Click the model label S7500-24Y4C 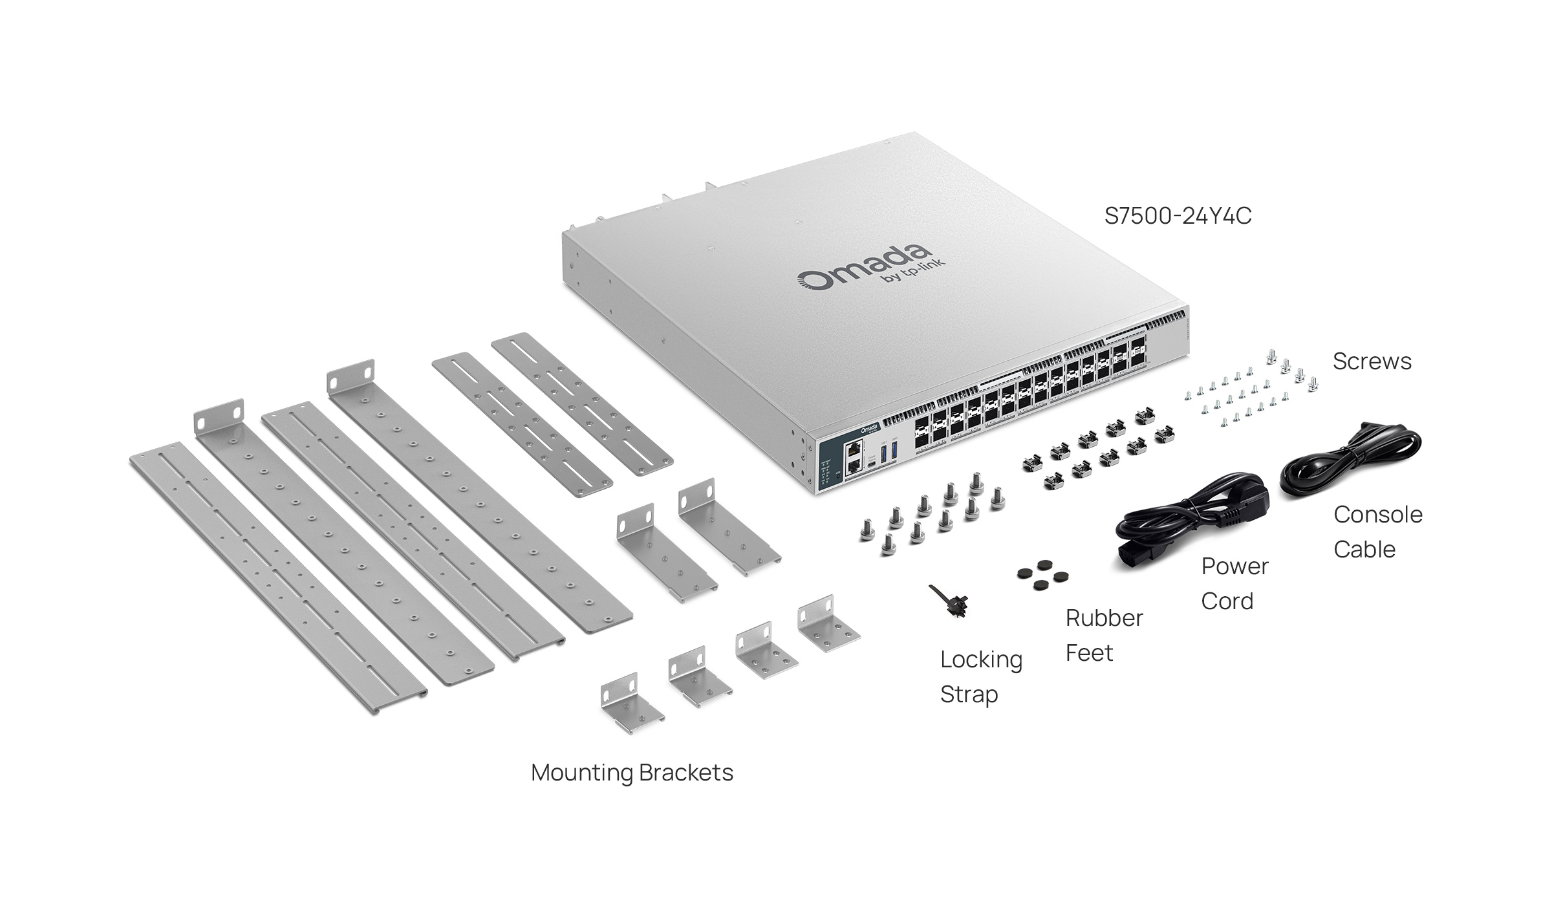click(1178, 215)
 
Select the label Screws click(1372, 361)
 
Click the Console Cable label click(1377, 532)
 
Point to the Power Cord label click(1234, 583)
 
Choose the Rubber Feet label click(1104, 635)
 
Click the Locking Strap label click(981, 676)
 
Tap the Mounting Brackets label click(632, 773)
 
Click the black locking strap click(948, 600)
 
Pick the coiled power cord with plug click(1190, 524)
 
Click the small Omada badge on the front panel click(869, 428)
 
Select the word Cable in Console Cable click(1364, 550)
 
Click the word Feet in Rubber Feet click(1089, 653)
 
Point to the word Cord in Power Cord click(1227, 601)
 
